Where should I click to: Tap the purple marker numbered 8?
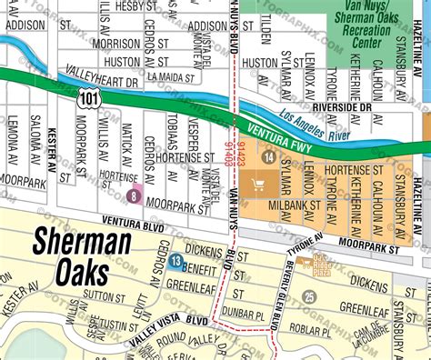point(135,193)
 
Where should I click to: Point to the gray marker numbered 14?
point(267,158)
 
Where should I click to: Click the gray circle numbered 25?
point(310,296)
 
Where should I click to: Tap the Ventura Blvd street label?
point(133,221)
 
